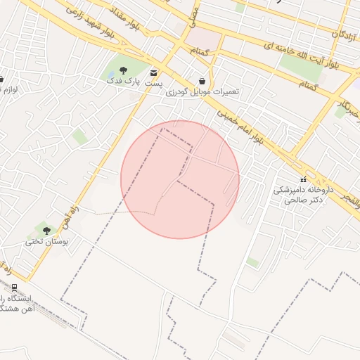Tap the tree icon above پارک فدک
[x=124, y=70]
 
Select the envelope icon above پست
[x=154, y=72]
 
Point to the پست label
[x=153, y=83]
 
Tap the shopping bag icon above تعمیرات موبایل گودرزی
[x=202, y=81]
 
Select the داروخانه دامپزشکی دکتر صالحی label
[x=298, y=195]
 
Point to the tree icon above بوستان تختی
[x=47, y=231]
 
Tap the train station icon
[x=14, y=287]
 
